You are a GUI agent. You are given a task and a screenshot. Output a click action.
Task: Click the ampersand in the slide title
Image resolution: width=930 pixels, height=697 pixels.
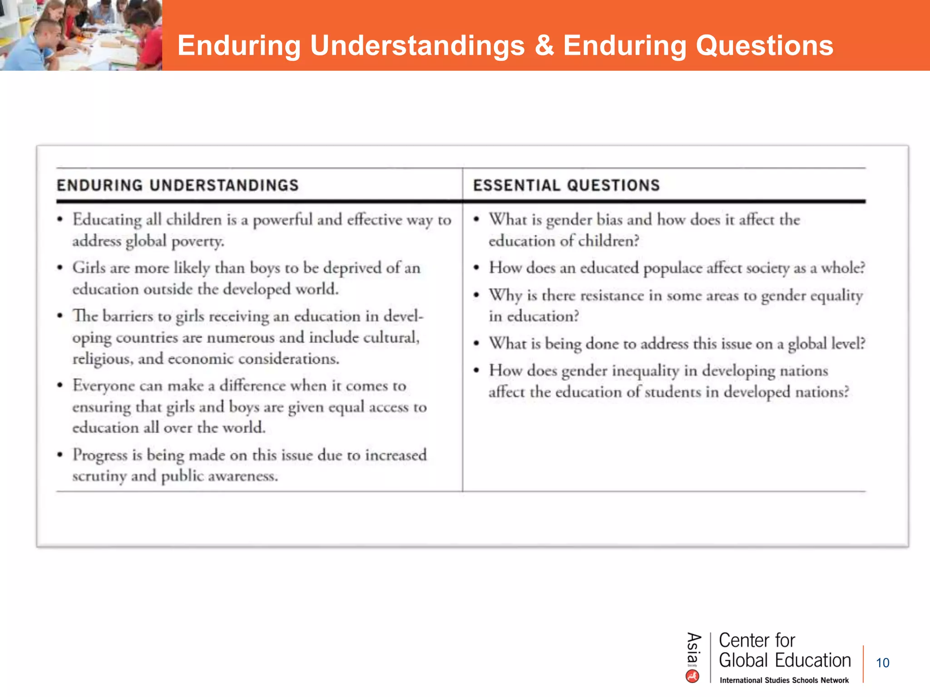click(544, 46)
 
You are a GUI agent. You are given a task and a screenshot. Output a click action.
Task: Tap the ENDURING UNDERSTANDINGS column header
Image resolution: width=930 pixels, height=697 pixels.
click(178, 185)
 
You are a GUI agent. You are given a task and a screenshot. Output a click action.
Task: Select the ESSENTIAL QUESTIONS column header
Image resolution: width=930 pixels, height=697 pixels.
click(566, 185)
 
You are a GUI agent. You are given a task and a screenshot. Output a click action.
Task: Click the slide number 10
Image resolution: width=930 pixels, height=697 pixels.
click(882, 663)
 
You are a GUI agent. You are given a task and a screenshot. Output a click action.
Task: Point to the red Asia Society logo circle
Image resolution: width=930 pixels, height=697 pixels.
click(693, 677)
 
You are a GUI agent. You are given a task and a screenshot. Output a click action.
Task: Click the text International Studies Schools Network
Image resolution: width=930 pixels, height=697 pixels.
click(784, 680)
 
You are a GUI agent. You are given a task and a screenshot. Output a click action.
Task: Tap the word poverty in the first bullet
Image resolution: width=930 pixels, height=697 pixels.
click(198, 241)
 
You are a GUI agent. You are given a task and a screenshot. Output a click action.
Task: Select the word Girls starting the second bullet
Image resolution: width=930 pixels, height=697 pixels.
click(89, 268)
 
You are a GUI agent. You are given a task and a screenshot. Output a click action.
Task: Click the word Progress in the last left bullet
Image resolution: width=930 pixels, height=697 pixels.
click(100, 455)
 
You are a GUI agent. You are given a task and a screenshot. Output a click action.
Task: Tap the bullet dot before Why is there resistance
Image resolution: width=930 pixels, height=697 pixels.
click(476, 295)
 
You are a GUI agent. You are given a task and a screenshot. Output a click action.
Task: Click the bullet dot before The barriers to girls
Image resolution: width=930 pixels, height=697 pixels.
click(60, 316)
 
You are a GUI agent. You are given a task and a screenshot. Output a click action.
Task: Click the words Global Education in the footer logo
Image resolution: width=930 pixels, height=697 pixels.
click(785, 660)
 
